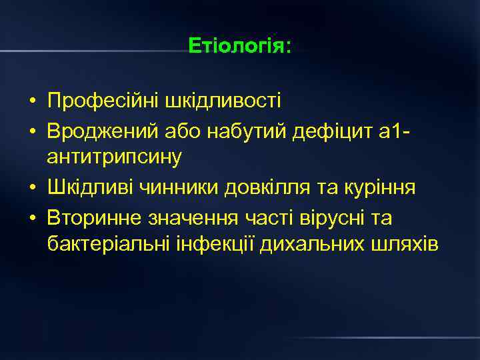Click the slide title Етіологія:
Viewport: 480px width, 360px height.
240,47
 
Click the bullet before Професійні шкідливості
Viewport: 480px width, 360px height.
32,102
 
